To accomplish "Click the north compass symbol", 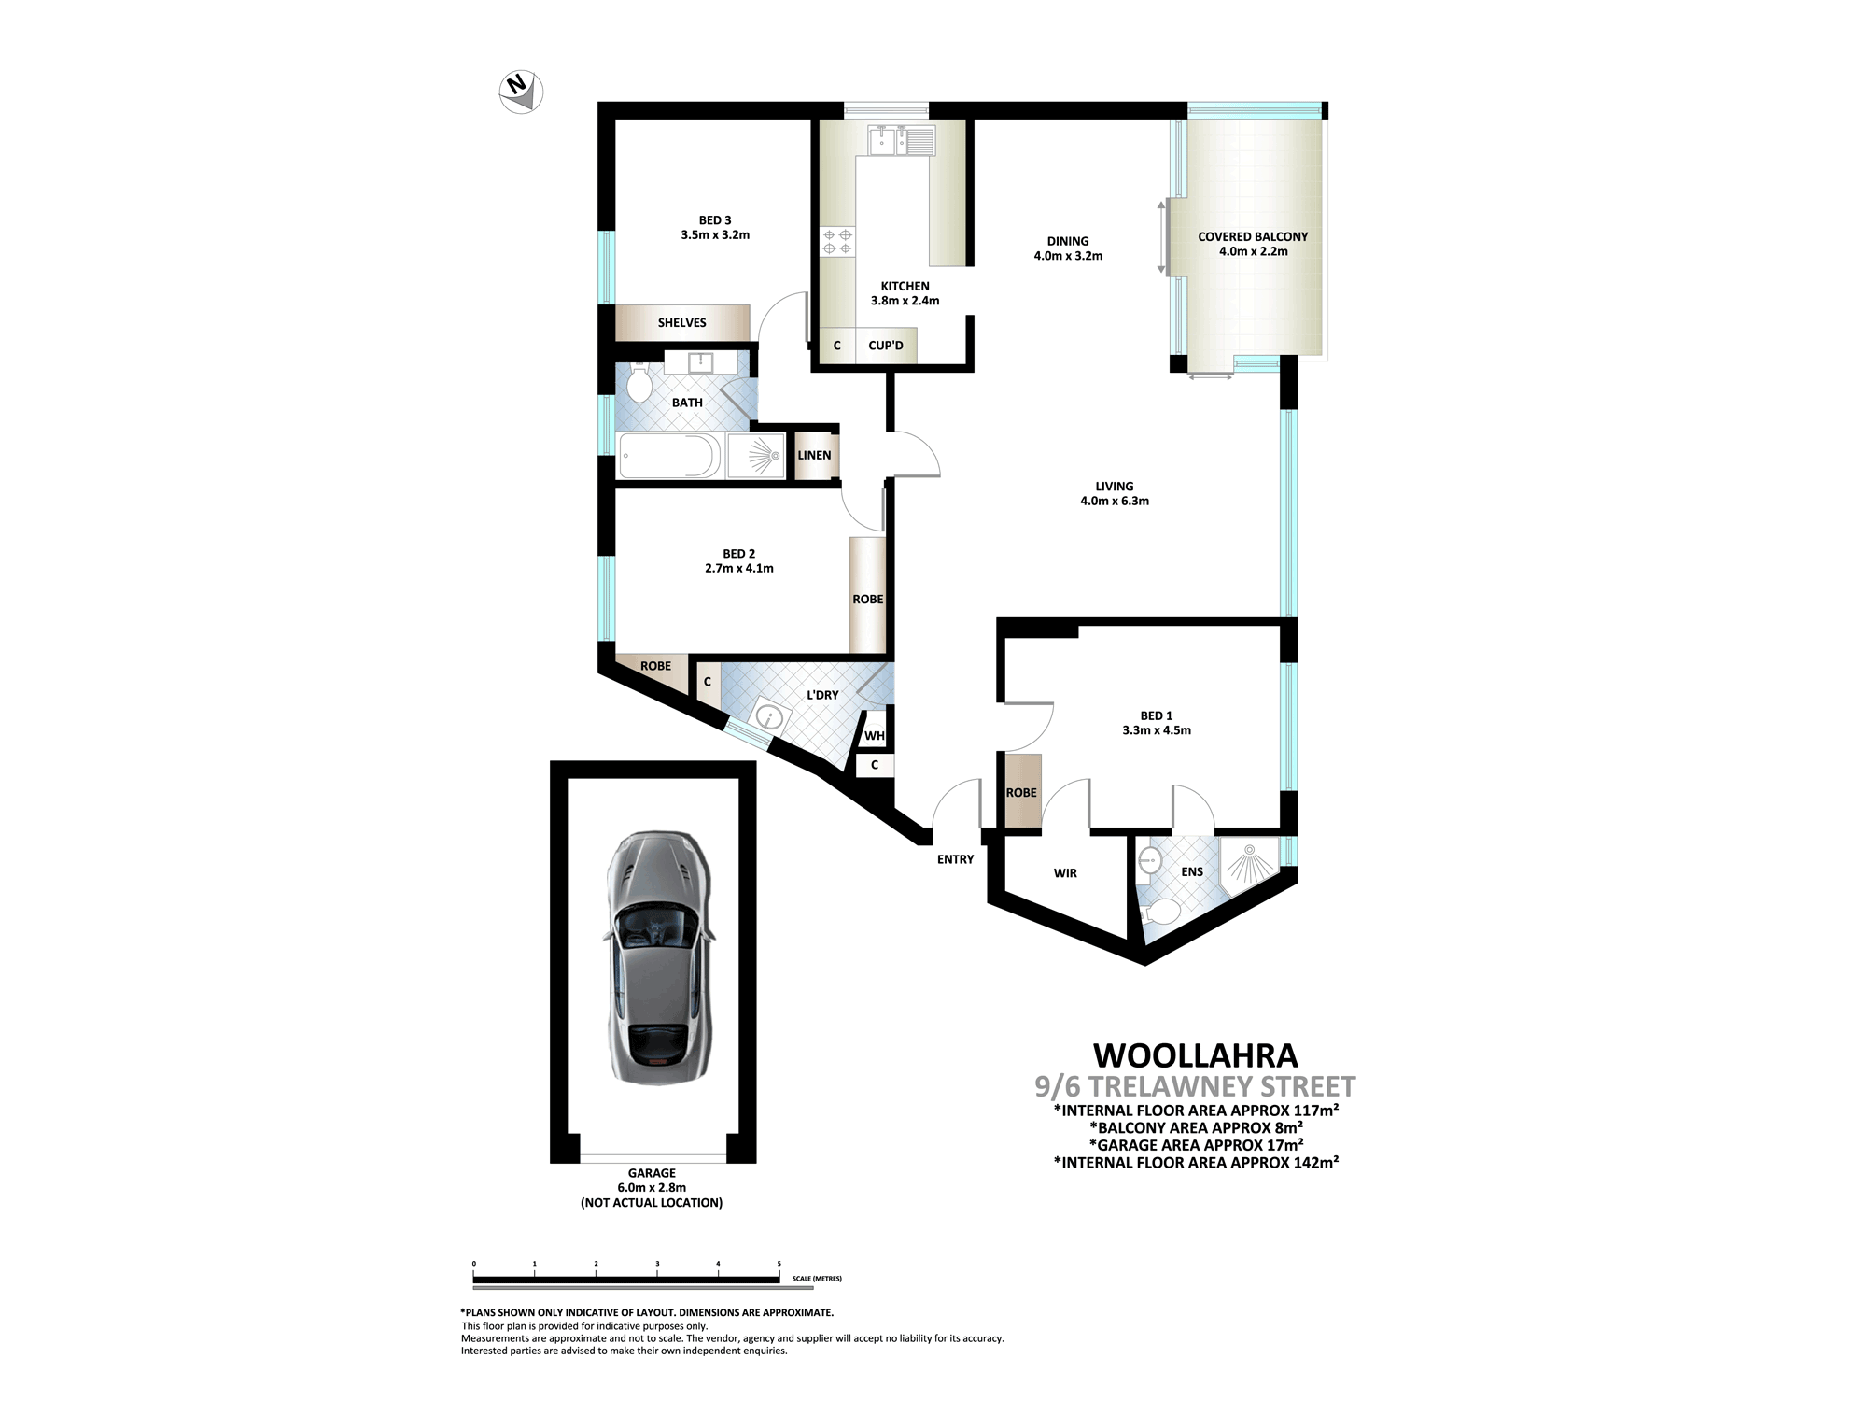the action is (521, 92).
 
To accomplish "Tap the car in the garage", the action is (659, 958).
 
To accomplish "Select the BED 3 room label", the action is (715, 220).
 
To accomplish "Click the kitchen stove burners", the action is (837, 242).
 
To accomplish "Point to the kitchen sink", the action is (902, 141).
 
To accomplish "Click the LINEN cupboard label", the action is (814, 455).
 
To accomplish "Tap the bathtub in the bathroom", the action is (669, 456).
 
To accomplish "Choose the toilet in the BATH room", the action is (639, 383).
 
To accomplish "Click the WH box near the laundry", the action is (875, 736).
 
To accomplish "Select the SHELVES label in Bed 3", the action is (682, 323).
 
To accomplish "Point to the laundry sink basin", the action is (769, 717).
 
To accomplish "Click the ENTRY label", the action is (955, 859).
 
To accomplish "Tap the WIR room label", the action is (1065, 873).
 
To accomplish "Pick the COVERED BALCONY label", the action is (1253, 236).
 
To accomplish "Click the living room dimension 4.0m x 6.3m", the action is (1115, 501).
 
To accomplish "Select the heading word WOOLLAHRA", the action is (1196, 1055).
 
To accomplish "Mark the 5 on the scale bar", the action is (779, 1264).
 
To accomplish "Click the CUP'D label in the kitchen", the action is (886, 346).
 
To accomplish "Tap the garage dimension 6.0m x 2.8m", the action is (652, 1188).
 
